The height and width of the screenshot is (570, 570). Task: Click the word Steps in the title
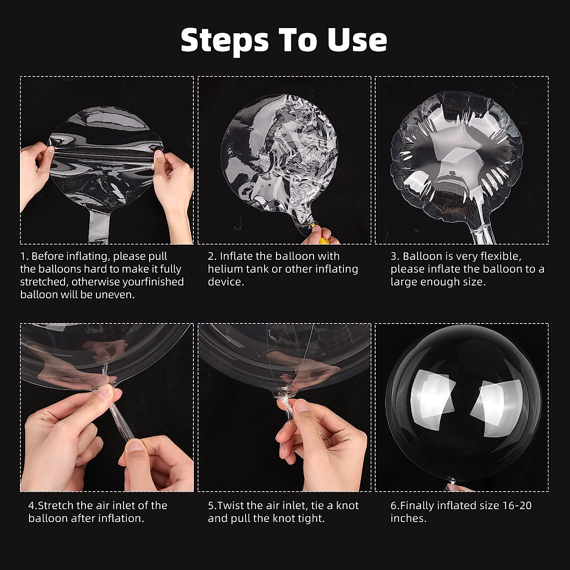(225, 41)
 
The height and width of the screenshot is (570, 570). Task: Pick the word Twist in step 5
(230, 505)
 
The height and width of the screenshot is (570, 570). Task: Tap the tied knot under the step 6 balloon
(452, 481)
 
